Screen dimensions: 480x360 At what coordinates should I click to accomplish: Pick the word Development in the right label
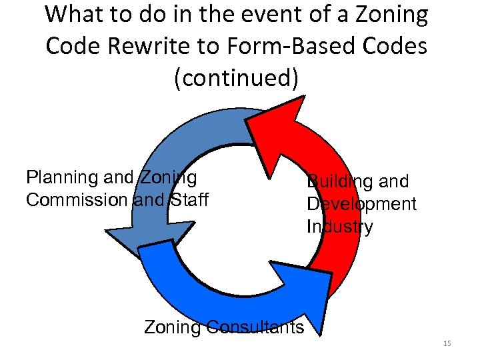tap(361, 204)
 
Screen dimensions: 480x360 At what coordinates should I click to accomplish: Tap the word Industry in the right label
tap(339, 227)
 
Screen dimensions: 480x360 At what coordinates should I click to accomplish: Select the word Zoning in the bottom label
tap(172, 327)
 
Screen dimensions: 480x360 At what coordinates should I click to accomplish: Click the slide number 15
tap(447, 343)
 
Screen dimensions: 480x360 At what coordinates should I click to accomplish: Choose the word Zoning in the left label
tap(167, 177)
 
